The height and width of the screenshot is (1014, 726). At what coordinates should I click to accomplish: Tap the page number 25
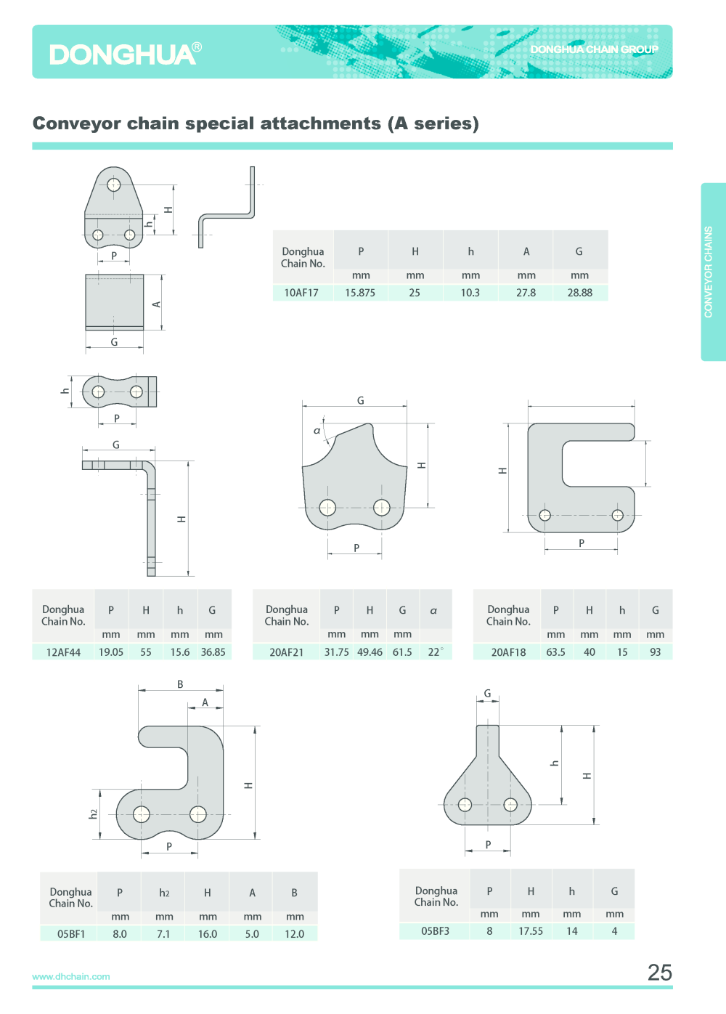[659, 972]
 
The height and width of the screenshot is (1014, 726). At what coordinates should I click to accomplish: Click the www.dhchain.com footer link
[71, 976]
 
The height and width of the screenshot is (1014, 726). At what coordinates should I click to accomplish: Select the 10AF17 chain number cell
[301, 293]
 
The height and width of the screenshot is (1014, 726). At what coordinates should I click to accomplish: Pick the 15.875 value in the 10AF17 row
[360, 293]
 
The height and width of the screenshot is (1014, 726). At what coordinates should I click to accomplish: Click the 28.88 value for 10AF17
[579, 293]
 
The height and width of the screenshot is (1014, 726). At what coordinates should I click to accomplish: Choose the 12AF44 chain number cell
[63, 652]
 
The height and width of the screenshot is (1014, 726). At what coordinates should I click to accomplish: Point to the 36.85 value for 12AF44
[213, 652]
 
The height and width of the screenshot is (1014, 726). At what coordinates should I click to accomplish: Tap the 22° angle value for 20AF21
[435, 652]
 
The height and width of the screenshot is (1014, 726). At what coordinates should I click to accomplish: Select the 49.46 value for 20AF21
[370, 652]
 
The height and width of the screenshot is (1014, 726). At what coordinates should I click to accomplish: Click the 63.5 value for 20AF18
[555, 652]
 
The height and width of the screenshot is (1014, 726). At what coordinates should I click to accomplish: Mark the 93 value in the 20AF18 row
[655, 652]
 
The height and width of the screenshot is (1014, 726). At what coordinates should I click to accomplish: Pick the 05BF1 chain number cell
[71, 934]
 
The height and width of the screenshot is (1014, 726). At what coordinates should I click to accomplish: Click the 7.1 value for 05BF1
[163, 934]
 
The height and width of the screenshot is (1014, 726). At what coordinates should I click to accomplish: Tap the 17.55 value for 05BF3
[531, 931]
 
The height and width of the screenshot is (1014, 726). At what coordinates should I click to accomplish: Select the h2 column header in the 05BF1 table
[164, 893]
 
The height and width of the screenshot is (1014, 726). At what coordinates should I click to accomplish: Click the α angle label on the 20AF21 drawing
[317, 431]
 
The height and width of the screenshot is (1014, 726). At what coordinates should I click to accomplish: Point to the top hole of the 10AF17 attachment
[114, 184]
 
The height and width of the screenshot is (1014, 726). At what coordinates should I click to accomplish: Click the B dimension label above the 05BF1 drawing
[180, 684]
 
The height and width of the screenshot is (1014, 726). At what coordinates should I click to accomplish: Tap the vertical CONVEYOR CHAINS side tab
[709, 272]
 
